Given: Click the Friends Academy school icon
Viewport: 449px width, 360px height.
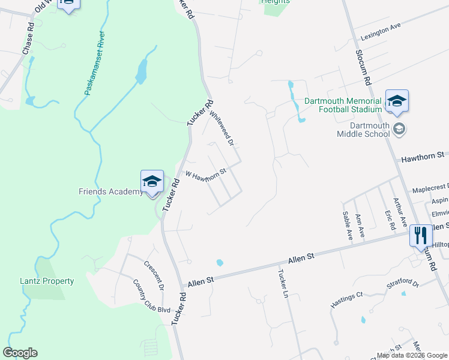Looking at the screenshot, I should (152, 181).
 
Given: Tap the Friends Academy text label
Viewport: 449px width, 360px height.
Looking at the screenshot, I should (111, 192).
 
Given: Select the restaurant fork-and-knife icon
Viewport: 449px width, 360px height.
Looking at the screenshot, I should (420, 235).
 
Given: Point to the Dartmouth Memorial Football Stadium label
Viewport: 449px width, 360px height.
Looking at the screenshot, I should (343, 105).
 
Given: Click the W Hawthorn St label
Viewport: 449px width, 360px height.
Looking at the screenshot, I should (205, 174).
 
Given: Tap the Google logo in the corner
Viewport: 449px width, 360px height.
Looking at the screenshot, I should (20, 353).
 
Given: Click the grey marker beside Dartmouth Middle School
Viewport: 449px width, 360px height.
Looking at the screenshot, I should (399, 129).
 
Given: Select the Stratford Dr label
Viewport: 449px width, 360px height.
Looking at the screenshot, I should (402, 283).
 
